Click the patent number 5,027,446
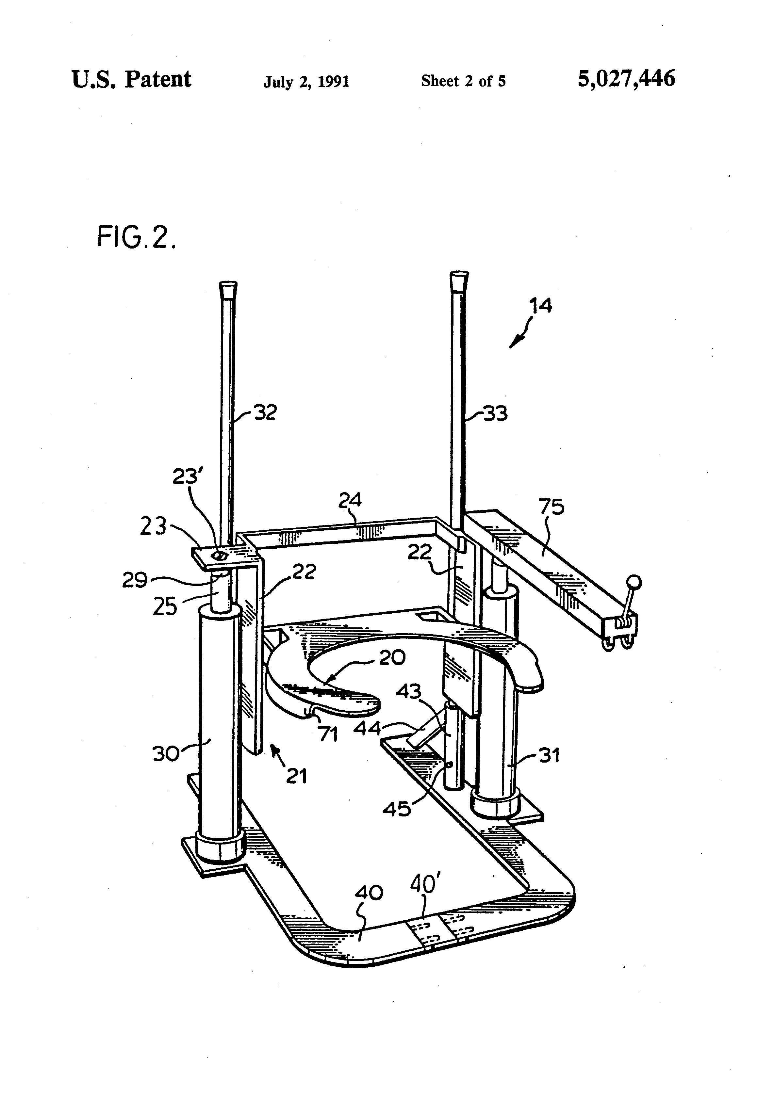tap(626, 78)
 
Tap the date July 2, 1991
tap(306, 81)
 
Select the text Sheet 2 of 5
tap(463, 81)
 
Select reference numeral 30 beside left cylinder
tap(166, 753)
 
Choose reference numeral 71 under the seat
tap(329, 734)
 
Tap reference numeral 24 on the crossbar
tap(350, 500)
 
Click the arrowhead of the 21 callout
tap(274, 750)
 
